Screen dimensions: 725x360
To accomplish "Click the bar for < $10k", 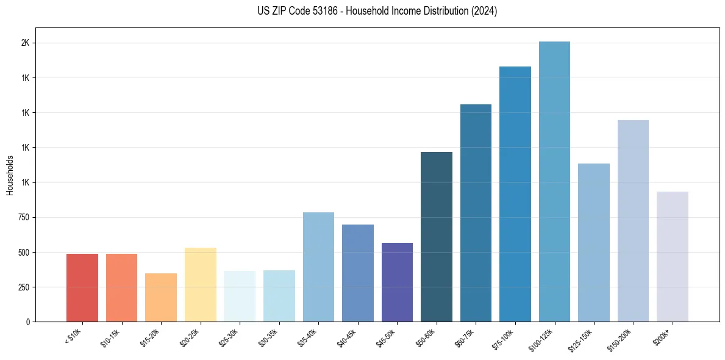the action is click(82, 288).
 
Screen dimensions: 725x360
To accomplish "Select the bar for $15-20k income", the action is click(161, 298).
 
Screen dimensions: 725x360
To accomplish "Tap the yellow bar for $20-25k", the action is click(201, 285).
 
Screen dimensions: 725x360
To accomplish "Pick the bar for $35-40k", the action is click(318, 267).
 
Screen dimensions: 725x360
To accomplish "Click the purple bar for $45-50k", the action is click(397, 283).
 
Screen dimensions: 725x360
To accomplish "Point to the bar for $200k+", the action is click(673, 257).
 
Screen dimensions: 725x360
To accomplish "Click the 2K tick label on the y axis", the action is click(26, 43).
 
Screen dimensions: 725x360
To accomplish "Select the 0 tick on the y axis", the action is click(29, 322).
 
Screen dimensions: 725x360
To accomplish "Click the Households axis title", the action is click(10, 175).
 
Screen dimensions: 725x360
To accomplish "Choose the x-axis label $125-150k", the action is click(580, 340).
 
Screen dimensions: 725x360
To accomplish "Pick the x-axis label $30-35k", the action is click(267, 337).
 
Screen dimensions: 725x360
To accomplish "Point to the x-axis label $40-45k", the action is click(346, 337).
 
